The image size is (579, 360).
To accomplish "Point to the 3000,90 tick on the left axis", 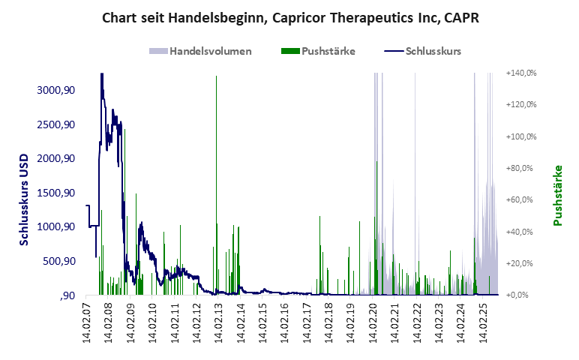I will pyautogui.click(x=55, y=90).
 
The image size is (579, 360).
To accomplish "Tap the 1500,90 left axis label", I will pyautogui.click(x=55, y=193).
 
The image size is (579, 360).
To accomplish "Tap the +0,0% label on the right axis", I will pyautogui.click(x=523, y=295).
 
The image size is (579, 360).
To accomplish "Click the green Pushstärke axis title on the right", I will pyautogui.click(x=557, y=195).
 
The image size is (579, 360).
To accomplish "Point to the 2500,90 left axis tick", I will pyautogui.click(x=55, y=124).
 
